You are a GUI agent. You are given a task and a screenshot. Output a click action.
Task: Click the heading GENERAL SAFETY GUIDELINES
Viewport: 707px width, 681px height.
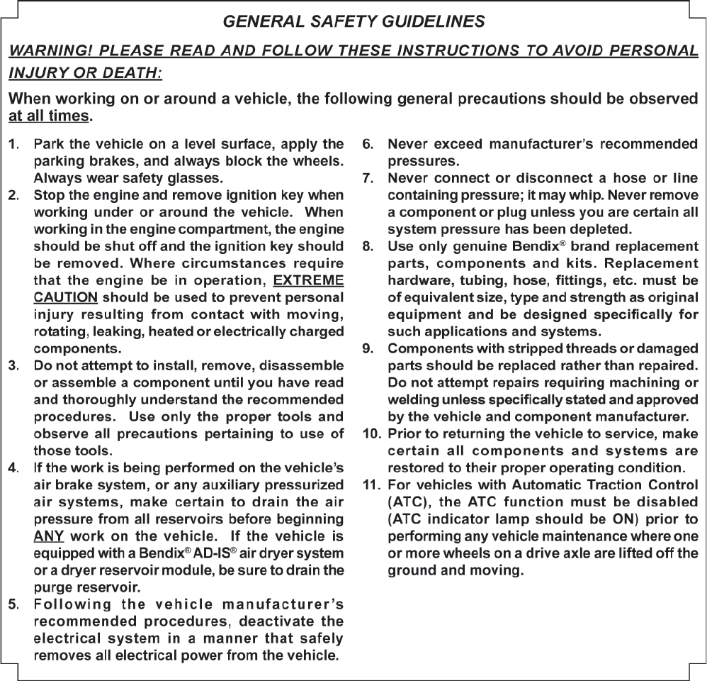(x=353, y=21)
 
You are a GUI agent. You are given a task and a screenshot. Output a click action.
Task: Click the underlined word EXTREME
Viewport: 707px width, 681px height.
(x=308, y=279)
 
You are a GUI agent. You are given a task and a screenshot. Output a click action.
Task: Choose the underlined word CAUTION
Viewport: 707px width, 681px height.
(x=66, y=297)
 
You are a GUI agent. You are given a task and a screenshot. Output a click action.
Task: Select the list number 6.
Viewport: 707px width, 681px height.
(x=368, y=144)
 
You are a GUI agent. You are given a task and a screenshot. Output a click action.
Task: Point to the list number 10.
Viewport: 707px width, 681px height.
(x=371, y=433)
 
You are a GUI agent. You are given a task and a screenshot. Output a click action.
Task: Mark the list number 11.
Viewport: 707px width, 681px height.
(x=371, y=485)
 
